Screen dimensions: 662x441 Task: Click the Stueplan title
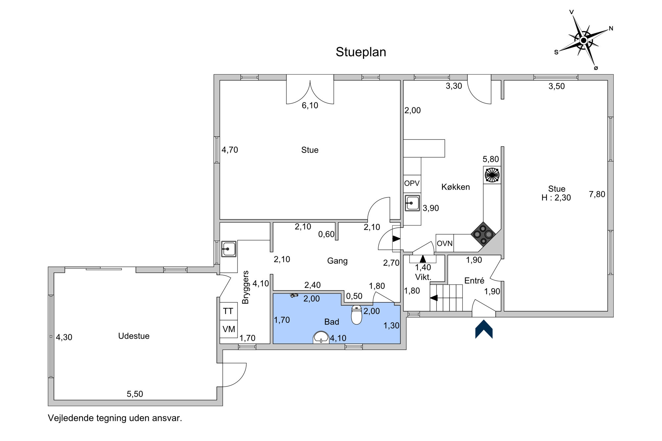361,52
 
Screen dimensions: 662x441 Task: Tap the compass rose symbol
584,40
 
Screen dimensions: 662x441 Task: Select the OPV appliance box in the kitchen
412,184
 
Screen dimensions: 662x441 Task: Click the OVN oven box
445,243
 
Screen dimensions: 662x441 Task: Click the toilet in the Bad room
356,315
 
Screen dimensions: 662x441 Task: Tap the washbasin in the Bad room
321,337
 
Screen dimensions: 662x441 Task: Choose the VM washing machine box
229,329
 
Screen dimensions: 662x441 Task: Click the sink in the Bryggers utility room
228,249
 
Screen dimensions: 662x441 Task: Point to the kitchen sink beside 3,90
412,203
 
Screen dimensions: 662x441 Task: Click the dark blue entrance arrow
484,329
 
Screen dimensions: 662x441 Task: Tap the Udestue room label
134,336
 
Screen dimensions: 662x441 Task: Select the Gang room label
337,261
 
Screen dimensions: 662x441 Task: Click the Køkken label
455,187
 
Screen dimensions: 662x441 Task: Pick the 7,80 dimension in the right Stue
597,194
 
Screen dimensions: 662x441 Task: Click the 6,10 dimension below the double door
310,106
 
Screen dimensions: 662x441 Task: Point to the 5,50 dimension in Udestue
135,394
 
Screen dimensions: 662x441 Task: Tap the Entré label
474,281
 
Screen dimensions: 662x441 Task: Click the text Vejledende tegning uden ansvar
115,418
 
